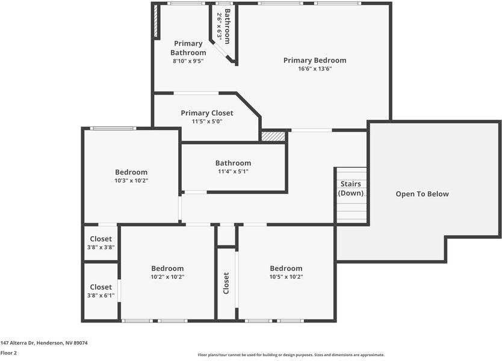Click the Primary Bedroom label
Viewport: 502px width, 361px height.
(315, 60)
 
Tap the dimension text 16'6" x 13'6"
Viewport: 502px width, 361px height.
(315, 69)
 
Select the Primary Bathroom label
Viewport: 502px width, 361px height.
(188, 48)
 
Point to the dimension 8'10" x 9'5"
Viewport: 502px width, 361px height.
(188, 61)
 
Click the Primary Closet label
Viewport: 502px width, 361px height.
(206, 113)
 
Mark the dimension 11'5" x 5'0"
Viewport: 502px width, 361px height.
(206, 122)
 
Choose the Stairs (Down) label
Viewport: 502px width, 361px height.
(351, 188)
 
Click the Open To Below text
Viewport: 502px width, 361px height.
(422, 194)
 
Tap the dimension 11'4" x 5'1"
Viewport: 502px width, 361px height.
(233, 171)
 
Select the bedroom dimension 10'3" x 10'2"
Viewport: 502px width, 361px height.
(131, 180)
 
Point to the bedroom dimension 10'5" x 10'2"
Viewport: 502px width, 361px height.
(286, 277)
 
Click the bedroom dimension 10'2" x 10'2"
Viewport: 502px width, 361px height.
(167, 277)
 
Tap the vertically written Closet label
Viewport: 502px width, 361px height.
(226, 283)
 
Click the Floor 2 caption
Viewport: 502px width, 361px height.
(8, 353)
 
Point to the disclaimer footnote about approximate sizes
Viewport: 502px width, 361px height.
(291, 355)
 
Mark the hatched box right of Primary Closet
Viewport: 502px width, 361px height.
(273, 137)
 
